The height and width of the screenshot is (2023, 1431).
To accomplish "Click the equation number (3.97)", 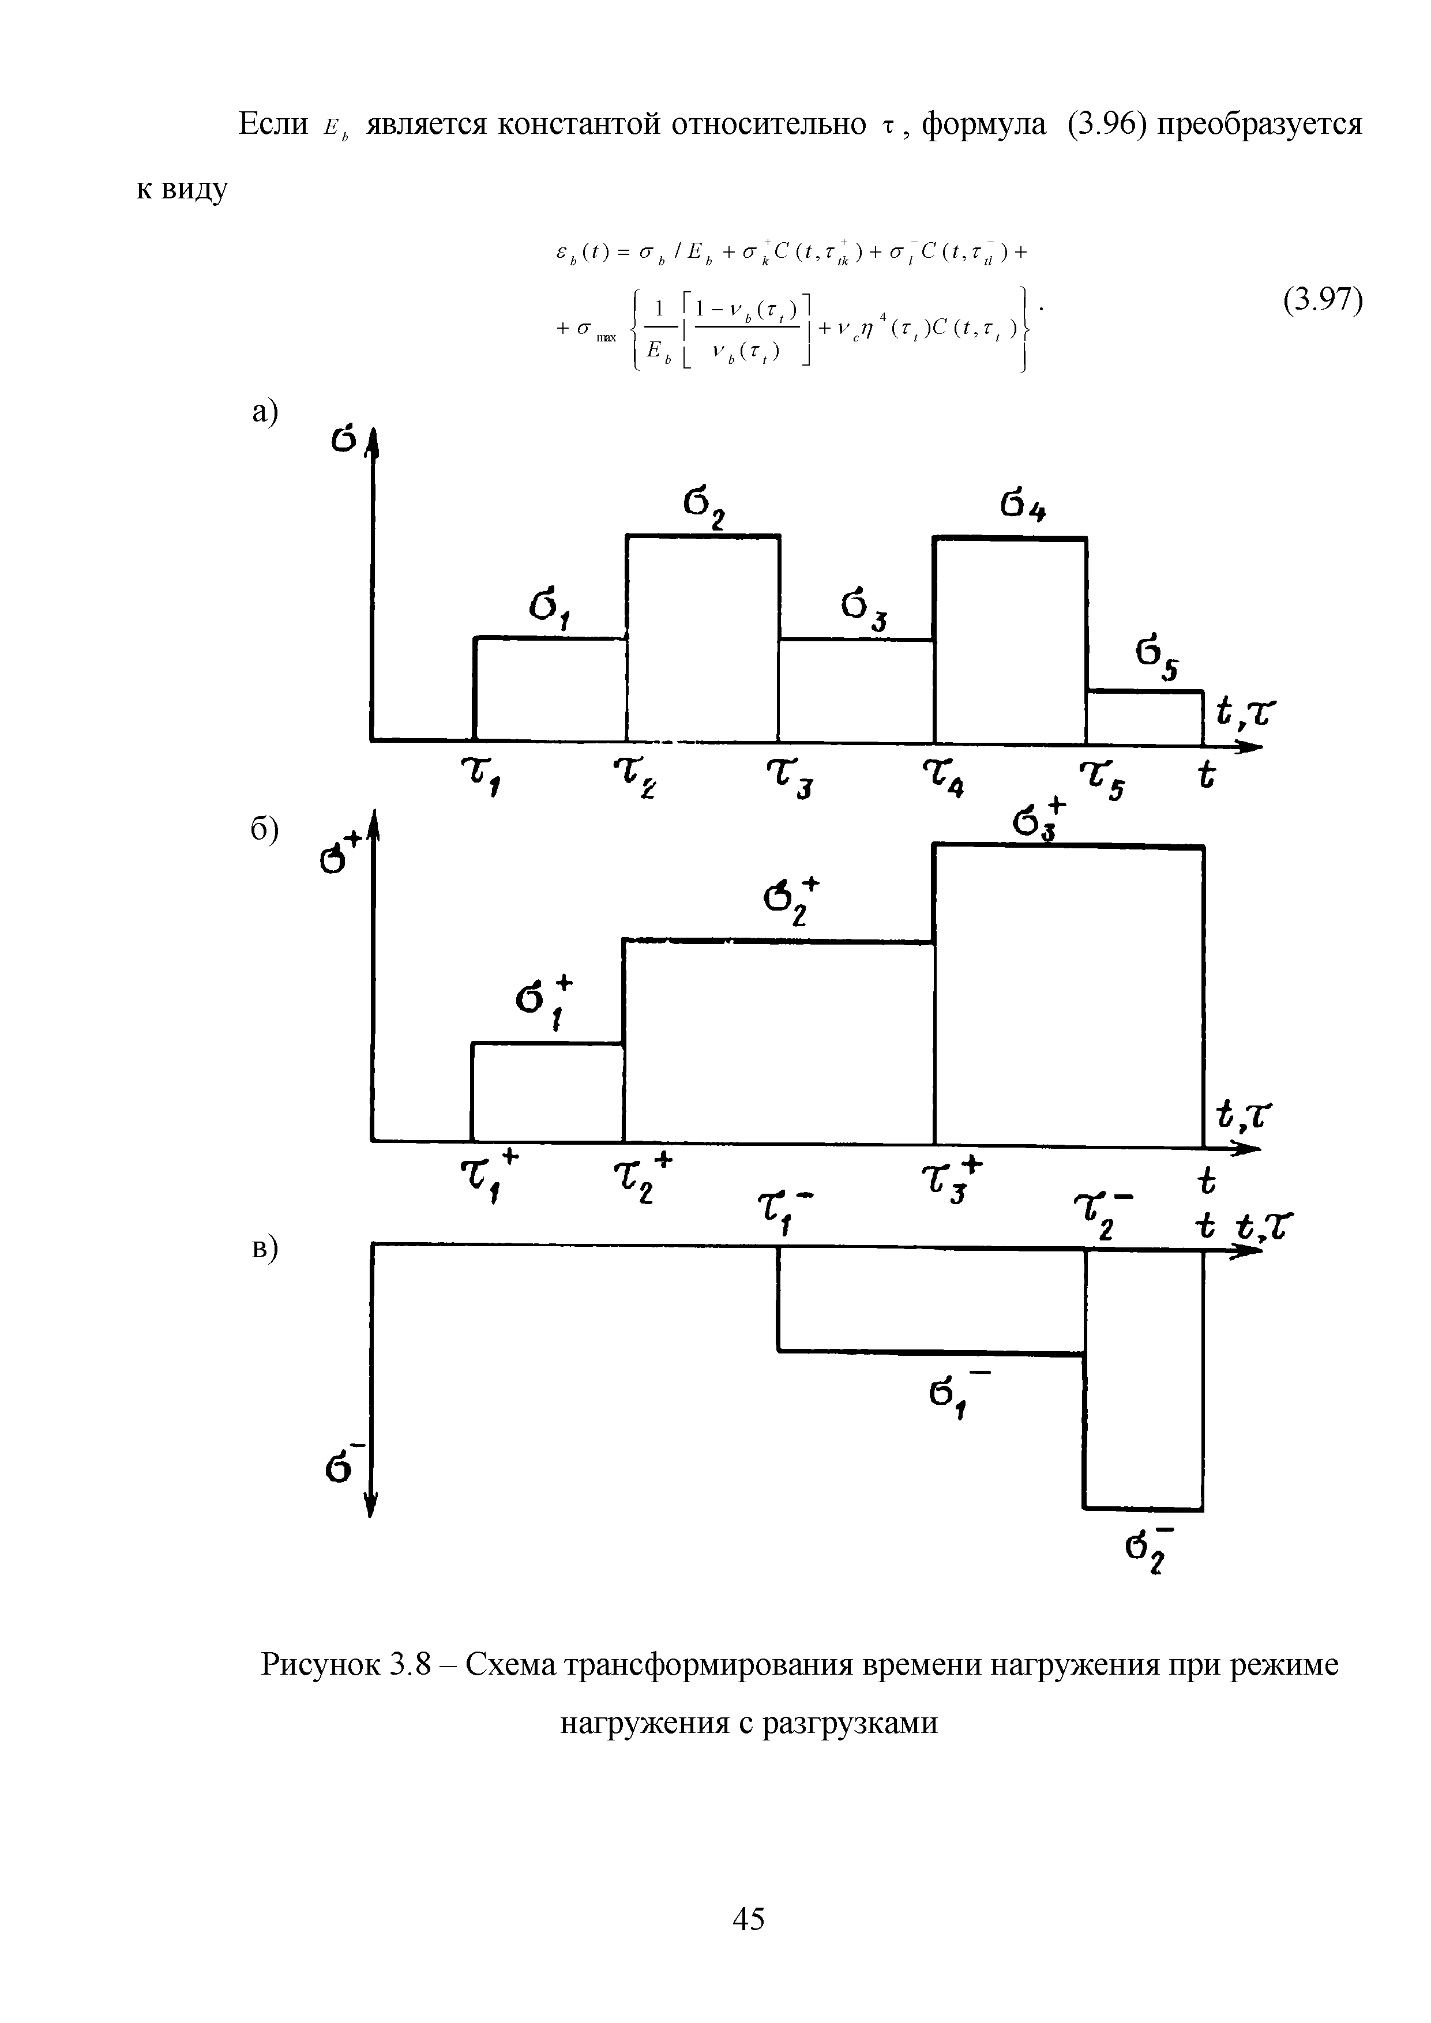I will click(x=1322, y=302).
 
